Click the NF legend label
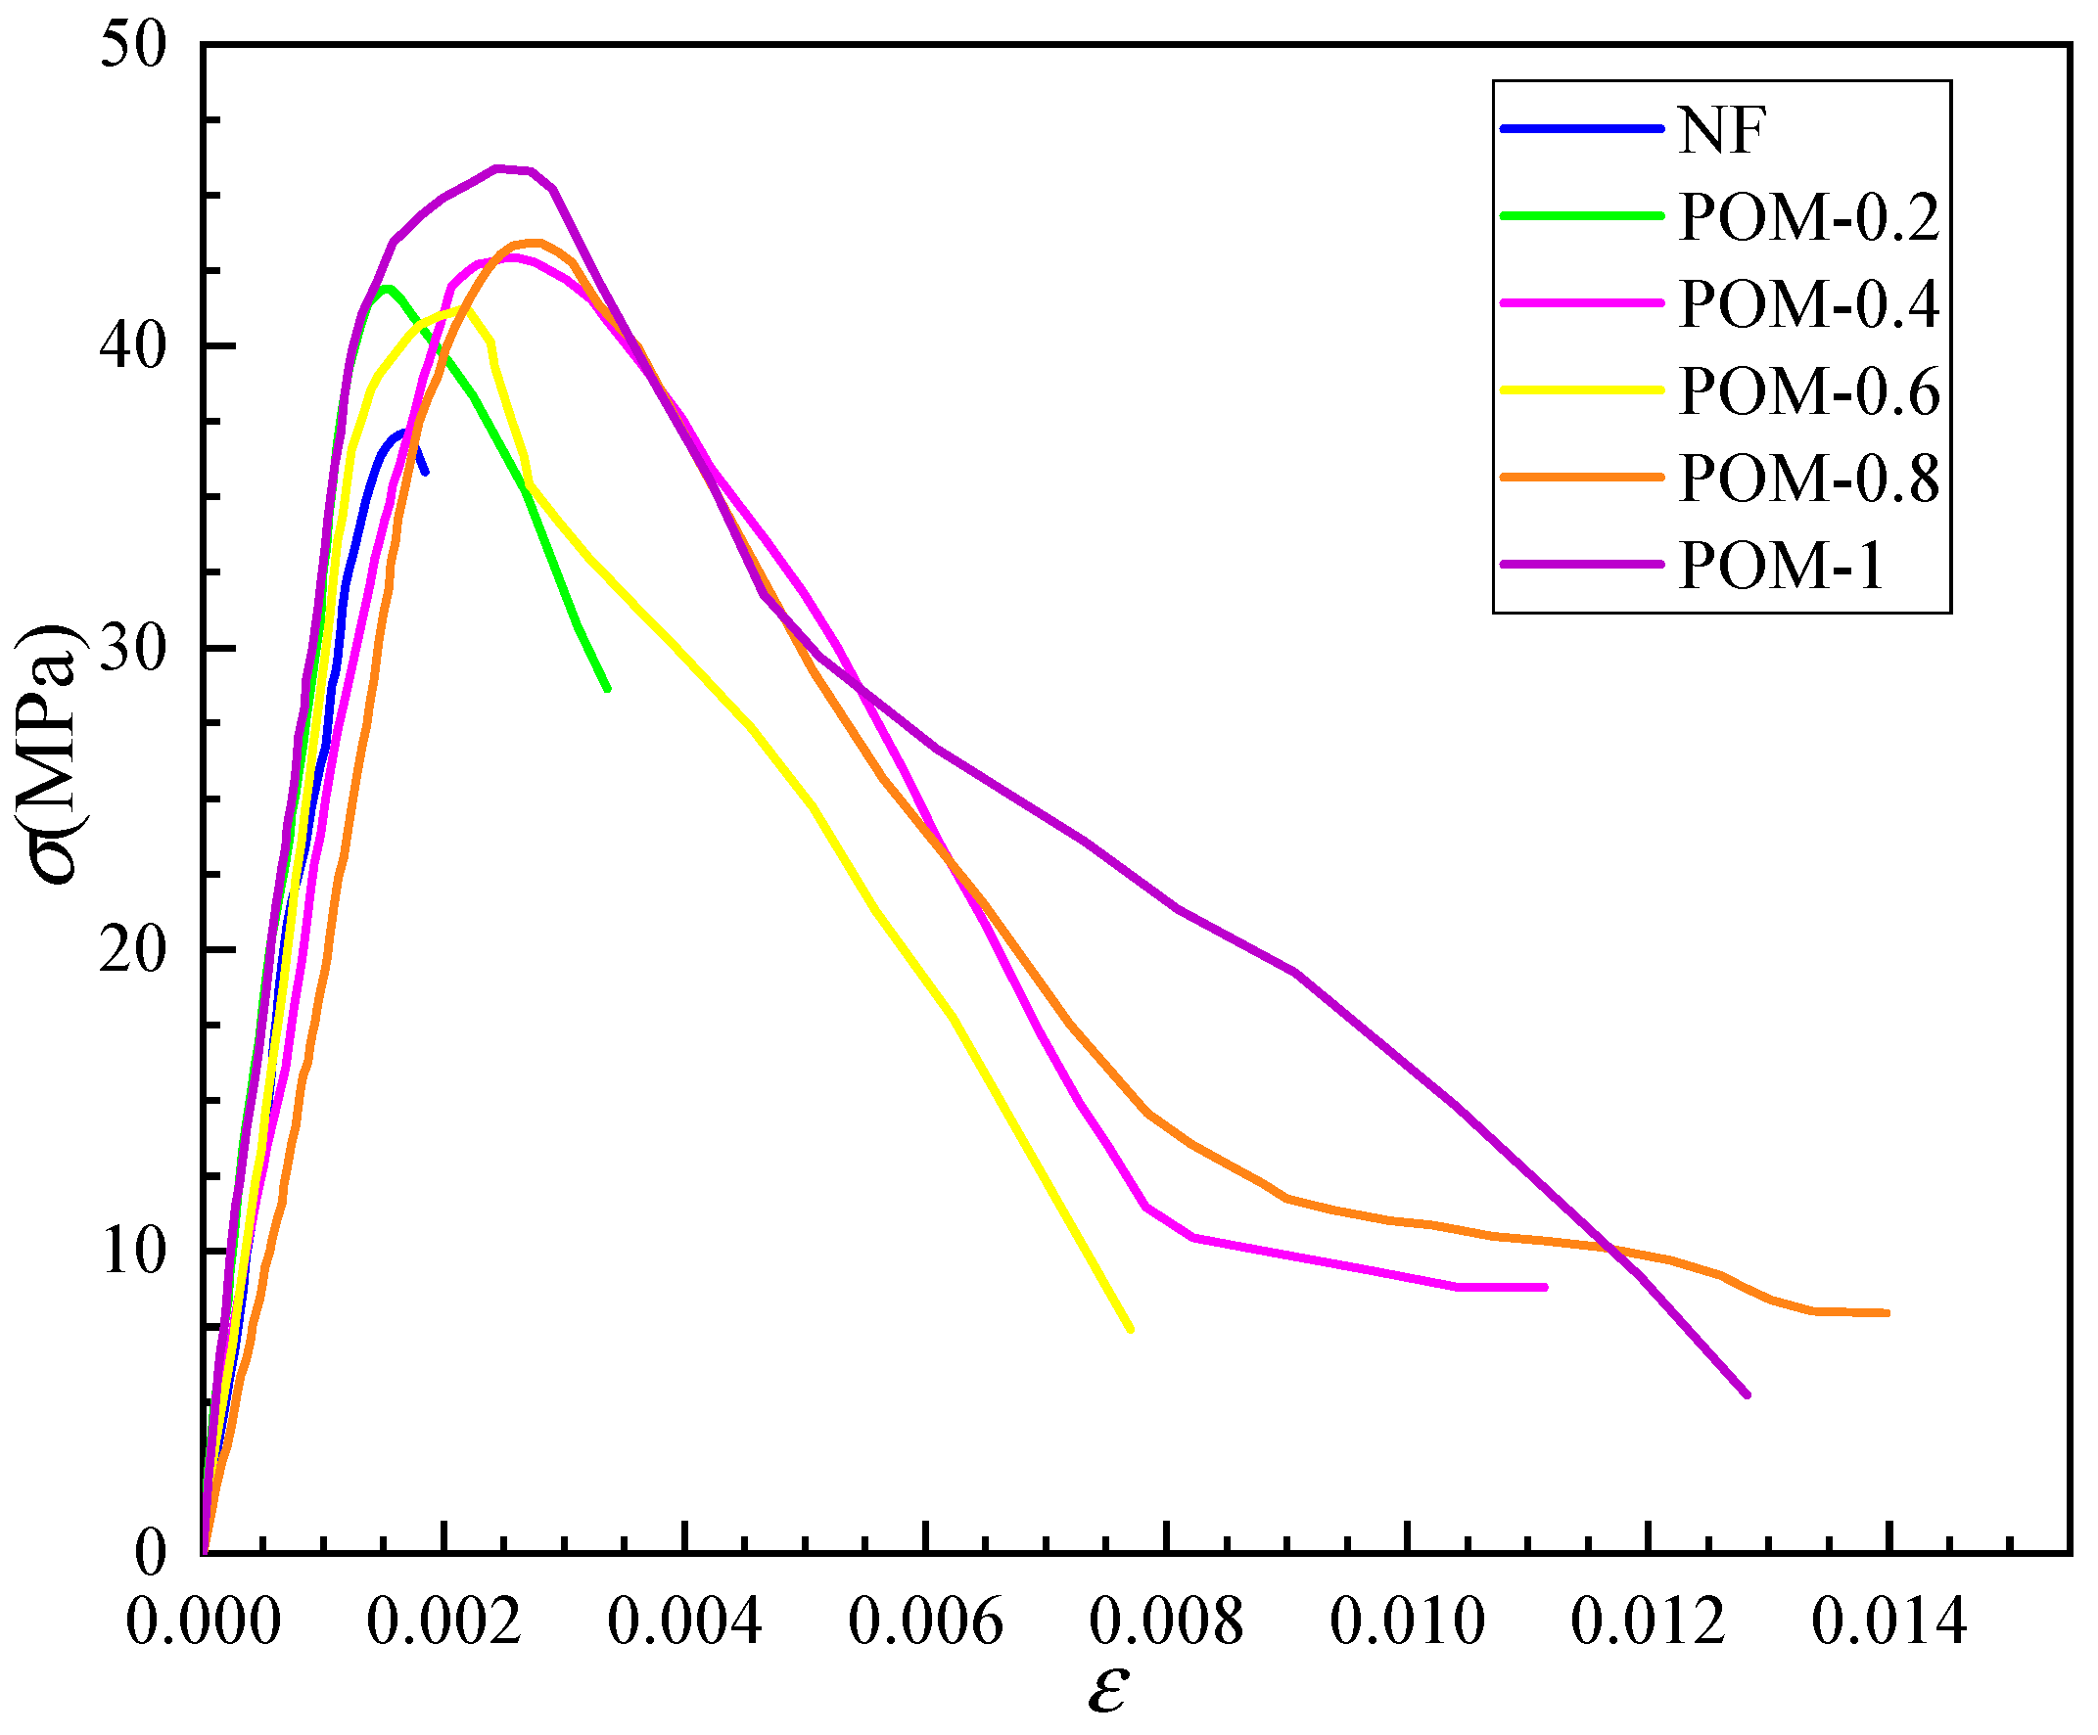click(1720, 130)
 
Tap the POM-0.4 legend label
click(1808, 303)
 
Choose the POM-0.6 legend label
click(1808, 390)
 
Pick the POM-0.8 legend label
click(1808, 478)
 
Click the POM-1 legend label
click(1780, 566)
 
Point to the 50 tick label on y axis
click(133, 45)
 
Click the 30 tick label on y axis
click(133, 648)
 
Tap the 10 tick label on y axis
click(133, 1251)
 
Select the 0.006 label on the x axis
click(925, 1621)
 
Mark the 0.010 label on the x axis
click(1407, 1621)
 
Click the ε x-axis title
click(1108, 1689)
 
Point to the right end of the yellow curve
click(1130, 1330)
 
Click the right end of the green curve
click(607, 688)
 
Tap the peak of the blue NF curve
click(403, 433)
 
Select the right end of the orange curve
click(1887, 1312)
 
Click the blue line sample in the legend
click(1582, 129)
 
